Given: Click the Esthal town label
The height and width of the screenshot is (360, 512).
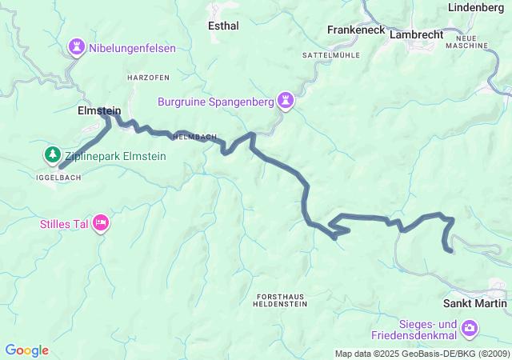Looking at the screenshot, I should [x=222, y=26].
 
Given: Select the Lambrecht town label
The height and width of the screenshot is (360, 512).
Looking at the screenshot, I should [x=416, y=35].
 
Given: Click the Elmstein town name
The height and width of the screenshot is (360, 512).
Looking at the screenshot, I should [x=99, y=111].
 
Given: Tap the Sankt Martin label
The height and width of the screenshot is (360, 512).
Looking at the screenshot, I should [x=474, y=303].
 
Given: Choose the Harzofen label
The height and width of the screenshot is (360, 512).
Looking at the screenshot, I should [x=147, y=77].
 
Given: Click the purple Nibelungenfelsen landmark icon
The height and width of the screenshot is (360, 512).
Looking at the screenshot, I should [x=76, y=48].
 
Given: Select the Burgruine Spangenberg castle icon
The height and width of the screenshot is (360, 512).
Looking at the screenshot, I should [x=286, y=102].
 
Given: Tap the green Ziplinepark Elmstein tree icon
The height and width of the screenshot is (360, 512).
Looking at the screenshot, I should [x=52, y=154].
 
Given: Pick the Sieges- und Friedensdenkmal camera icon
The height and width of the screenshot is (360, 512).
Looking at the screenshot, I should [x=470, y=328].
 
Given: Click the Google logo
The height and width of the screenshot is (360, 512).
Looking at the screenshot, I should [x=26, y=350].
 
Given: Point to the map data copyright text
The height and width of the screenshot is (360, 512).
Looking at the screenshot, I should [x=422, y=354].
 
